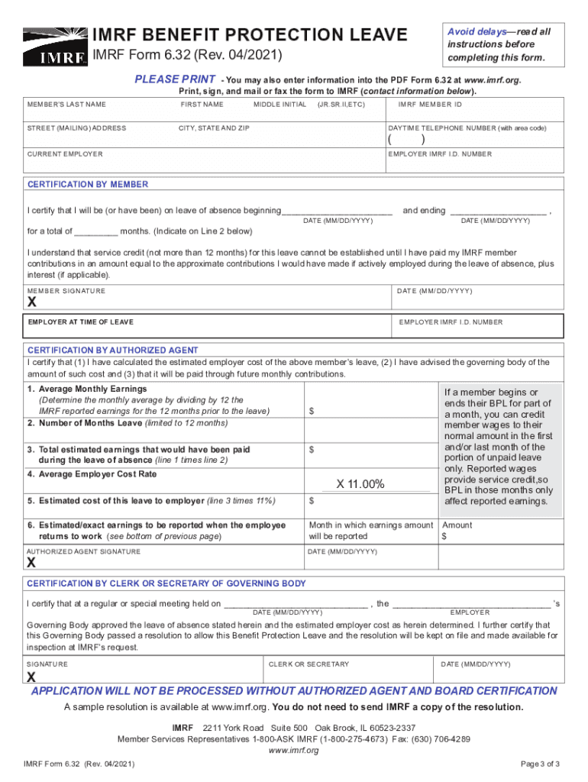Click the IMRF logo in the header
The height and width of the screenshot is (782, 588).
pos(55,46)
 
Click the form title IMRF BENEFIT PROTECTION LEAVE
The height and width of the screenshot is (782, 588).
pos(250,35)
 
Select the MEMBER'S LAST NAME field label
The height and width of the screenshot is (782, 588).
pos(67,105)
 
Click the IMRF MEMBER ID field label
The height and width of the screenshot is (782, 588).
pos(430,105)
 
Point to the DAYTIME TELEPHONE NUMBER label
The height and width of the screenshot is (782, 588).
pos(467,128)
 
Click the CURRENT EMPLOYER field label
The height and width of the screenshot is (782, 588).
pos(65,154)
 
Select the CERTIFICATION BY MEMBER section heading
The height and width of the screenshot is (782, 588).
pos(88,185)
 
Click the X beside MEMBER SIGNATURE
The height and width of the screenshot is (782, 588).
pos(32,302)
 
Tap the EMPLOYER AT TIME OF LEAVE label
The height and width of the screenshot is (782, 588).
pos(80,322)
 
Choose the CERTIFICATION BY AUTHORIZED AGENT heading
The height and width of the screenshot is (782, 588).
pos(113,351)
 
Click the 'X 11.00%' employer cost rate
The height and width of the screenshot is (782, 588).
pos(360,484)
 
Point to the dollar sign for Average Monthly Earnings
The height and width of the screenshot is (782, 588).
pos(312,411)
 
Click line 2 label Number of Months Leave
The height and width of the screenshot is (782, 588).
pos(128,423)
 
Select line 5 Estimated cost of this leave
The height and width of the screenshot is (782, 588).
pos(151,501)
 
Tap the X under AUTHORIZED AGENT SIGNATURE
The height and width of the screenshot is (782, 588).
pos(32,563)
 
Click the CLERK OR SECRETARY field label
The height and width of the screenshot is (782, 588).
pos(309,664)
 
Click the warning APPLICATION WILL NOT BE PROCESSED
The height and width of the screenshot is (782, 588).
pos(293,691)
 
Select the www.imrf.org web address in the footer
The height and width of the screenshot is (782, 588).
pos(293,750)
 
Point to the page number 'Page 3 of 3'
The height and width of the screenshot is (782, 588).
pos(540,764)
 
